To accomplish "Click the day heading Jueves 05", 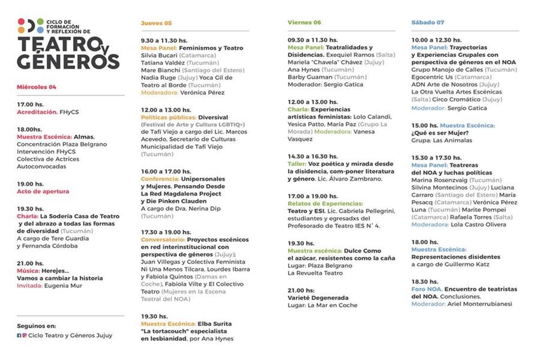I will point(156,23).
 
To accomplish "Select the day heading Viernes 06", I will point(304,23).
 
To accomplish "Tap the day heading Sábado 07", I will point(428,23).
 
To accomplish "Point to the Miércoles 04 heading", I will point(37,87).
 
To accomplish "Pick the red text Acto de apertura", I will point(45,192).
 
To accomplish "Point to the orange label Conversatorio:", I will point(163,239).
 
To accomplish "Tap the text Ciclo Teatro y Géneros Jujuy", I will point(70,335).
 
